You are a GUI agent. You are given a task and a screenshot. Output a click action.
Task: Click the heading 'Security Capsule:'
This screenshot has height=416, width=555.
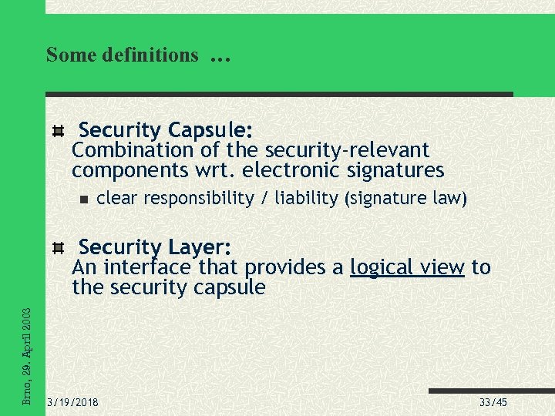pyautogui.click(x=166, y=129)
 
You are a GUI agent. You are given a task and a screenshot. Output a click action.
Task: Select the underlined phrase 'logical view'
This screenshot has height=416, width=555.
pyautogui.click(x=407, y=267)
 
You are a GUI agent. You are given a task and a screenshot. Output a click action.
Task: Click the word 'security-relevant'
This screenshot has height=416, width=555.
pyautogui.click(x=347, y=149)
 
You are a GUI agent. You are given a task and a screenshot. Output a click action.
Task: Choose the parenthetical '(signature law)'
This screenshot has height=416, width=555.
pyautogui.click(x=406, y=199)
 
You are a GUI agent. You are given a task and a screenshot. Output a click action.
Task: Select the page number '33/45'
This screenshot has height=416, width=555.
pyautogui.click(x=493, y=403)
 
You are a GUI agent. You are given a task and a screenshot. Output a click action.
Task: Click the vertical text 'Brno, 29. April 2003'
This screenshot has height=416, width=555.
pyautogui.click(x=26, y=356)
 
